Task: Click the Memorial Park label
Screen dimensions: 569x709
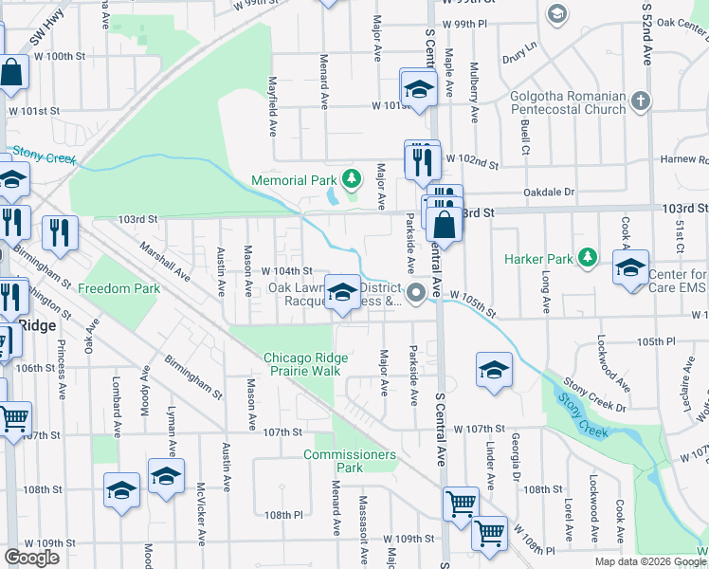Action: click(294, 180)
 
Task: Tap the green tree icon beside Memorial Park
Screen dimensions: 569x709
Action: click(352, 178)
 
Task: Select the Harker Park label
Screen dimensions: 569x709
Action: click(539, 258)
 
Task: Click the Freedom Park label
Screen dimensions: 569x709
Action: click(119, 288)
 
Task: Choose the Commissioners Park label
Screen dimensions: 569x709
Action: click(350, 461)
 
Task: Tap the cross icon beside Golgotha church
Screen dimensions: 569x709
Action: click(642, 100)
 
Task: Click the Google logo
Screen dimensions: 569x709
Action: click(32, 558)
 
